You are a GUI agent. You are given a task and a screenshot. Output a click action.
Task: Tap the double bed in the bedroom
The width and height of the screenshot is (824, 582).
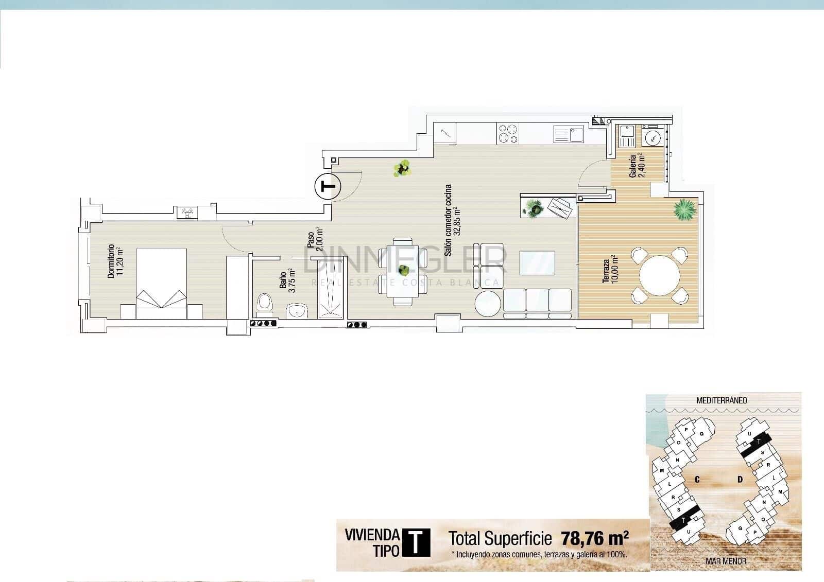(161, 278)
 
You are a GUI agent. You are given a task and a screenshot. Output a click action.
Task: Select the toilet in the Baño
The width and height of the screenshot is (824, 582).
(265, 303)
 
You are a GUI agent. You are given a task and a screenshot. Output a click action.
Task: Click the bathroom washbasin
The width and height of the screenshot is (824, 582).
(297, 310)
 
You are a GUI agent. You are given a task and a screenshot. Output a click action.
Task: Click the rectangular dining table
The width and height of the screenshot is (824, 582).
(403, 271)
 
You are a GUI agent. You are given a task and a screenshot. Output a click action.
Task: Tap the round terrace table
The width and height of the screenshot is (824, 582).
(660, 274)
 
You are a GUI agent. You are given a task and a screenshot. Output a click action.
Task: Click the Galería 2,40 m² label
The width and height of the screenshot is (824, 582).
(637, 166)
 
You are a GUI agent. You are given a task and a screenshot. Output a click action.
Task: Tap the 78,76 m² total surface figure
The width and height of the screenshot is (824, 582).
(595, 539)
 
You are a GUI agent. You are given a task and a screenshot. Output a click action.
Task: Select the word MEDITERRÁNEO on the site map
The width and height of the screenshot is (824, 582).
(721, 400)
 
